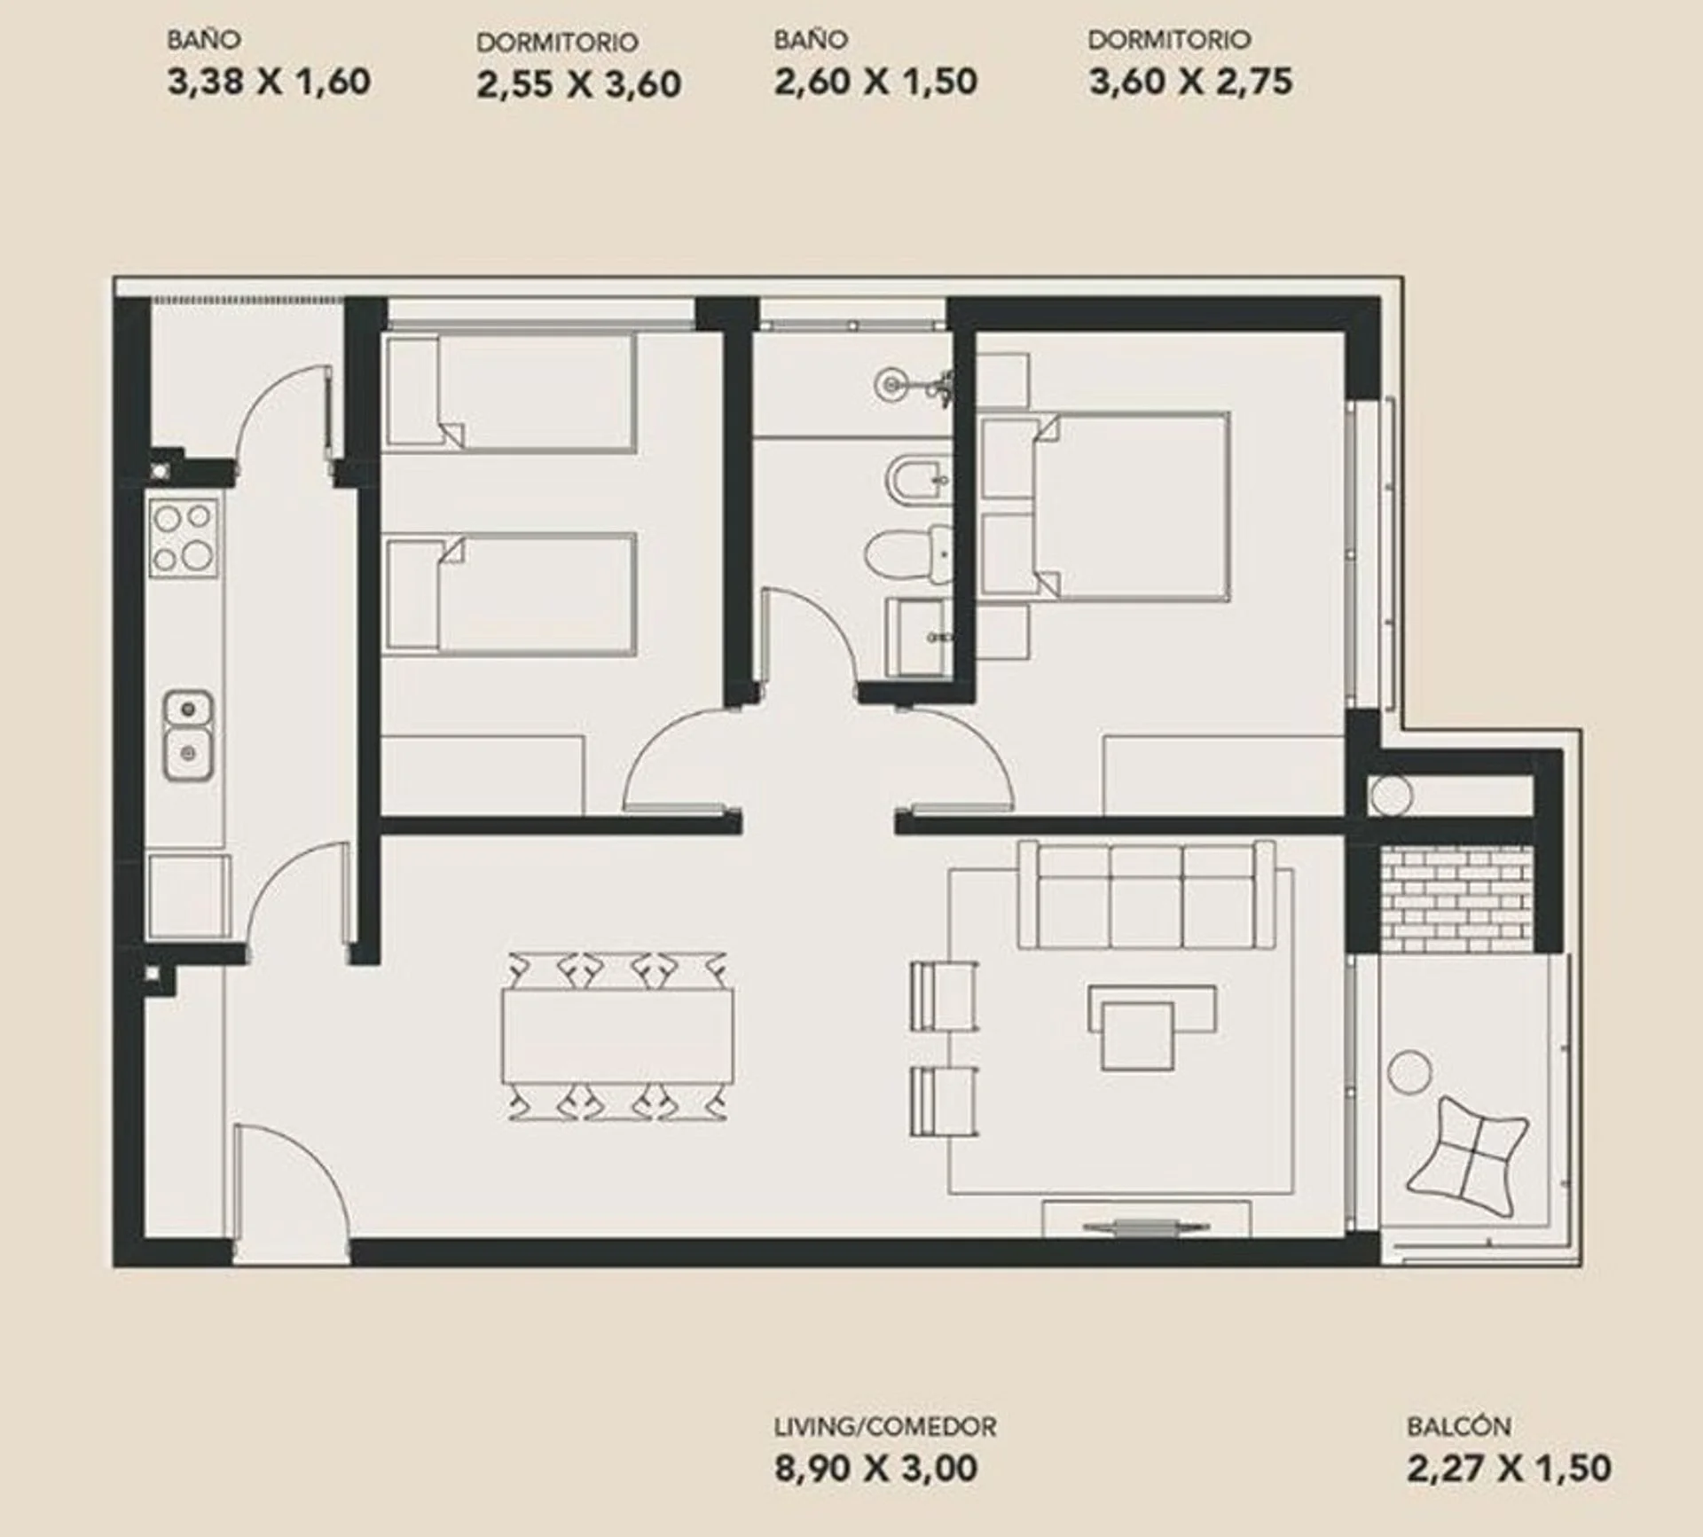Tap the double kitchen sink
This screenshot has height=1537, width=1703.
188,736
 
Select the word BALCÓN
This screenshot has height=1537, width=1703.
1458,1426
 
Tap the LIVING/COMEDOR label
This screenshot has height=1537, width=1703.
885,1426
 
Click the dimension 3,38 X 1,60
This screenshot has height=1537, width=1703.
269,82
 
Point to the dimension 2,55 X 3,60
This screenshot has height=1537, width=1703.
579,84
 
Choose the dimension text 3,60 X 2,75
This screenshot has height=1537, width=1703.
1190,82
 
